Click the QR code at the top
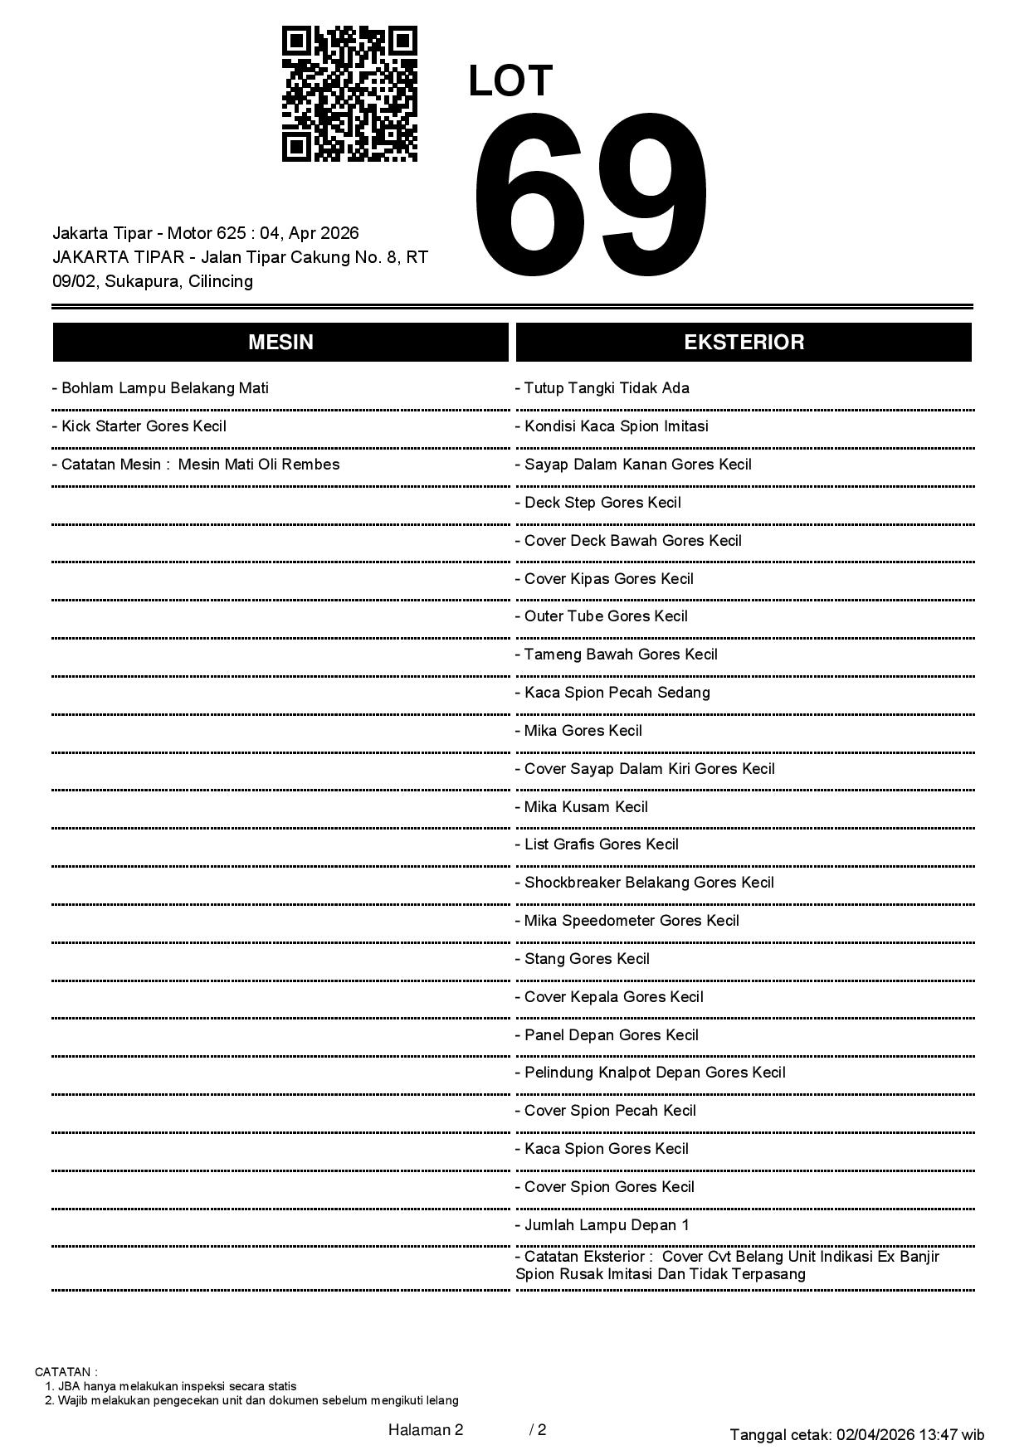349,94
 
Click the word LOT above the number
510,81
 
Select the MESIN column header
280,343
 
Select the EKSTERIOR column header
744,343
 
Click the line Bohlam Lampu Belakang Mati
160,388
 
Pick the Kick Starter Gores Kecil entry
139,426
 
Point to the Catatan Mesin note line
196,465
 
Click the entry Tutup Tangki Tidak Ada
602,388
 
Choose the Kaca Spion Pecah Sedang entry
612,693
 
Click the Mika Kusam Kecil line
582,807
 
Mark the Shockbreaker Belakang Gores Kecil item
645,883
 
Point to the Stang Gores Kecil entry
583,959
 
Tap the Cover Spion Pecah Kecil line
606,1111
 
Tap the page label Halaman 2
426,1429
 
